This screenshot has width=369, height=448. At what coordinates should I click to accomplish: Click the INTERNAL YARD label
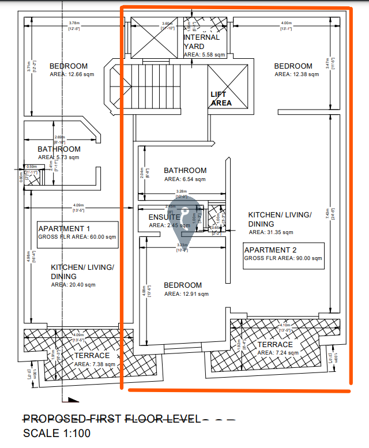(201, 42)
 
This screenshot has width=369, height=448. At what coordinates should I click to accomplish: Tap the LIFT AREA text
(221, 99)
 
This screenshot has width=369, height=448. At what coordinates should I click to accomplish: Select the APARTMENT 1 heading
(69, 228)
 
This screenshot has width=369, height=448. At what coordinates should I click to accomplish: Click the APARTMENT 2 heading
(270, 250)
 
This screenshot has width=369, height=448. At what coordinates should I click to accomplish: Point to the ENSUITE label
(165, 217)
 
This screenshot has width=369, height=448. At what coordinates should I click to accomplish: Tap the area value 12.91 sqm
(186, 294)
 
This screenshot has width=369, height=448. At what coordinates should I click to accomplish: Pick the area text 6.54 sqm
(185, 179)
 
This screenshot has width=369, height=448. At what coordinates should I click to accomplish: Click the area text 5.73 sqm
(59, 157)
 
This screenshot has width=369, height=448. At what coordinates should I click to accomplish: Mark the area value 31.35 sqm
(271, 232)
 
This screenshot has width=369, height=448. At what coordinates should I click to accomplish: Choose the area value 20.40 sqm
(73, 284)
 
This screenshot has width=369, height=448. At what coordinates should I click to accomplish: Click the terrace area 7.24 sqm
(278, 352)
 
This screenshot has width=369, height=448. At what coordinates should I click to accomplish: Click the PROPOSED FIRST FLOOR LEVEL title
(112, 419)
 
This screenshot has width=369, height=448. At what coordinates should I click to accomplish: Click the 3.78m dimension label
(74, 23)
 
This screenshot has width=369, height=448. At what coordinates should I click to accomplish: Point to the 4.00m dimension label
(287, 23)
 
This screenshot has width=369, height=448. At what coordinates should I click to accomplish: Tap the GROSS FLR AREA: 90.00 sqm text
(283, 259)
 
